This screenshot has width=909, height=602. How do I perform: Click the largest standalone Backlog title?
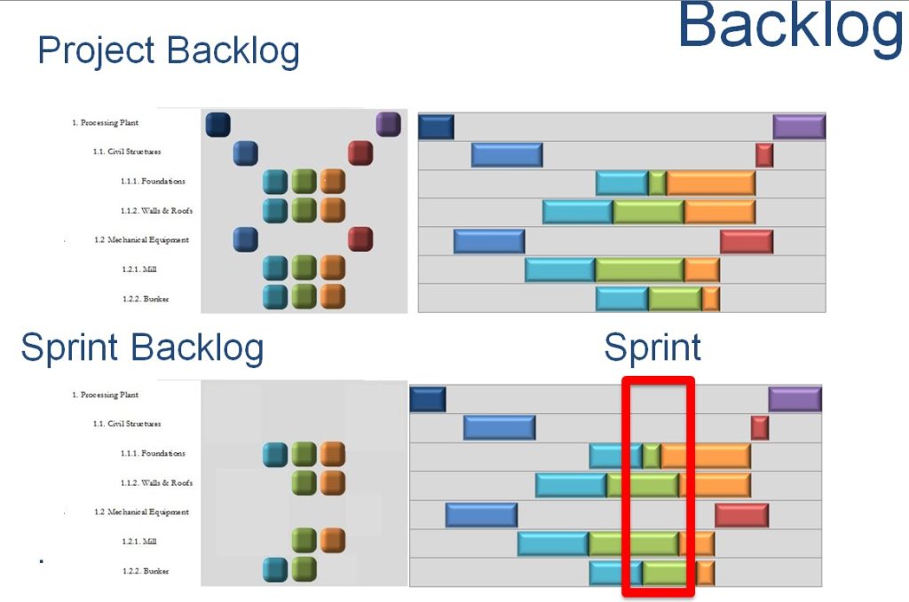tap(790, 27)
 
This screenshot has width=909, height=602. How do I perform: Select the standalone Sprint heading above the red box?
tap(652, 347)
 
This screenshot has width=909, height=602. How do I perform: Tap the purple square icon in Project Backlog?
tap(388, 124)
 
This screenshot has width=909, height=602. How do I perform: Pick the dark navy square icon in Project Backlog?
tap(217, 124)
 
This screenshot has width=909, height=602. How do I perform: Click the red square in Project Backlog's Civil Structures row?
tap(360, 152)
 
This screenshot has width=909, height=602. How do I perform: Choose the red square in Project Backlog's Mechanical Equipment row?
tap(360, 239)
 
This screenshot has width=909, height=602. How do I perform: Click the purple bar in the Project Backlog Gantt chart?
tap(799, 127)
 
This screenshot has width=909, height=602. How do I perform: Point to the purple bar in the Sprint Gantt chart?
tap(794, 399)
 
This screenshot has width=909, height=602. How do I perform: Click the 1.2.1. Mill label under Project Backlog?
tap(143, 270)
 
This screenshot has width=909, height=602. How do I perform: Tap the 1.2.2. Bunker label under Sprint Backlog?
tap(146, 571)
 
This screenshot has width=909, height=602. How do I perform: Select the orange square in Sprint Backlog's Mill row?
tap(332, 540)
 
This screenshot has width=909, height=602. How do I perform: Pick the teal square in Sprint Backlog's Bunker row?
tap(275, 569)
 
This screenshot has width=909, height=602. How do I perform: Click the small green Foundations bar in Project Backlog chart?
tap(657, 183)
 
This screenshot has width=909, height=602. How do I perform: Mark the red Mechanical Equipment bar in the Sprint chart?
tap(741, 515)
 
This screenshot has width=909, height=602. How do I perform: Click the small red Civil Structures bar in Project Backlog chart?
tap(764, 155)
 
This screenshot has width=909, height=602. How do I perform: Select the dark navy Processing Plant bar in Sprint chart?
tap(428, 399)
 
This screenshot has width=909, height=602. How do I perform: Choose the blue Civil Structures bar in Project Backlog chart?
tap(506, 155)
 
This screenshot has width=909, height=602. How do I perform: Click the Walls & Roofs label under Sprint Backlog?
tap(156, 483)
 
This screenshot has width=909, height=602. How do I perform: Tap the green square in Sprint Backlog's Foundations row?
tap(304, 454)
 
